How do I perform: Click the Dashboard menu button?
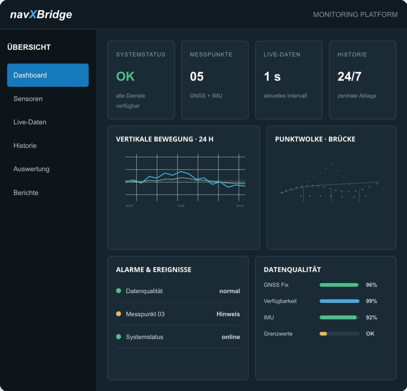[48, 75]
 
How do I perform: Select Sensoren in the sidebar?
[28, 99]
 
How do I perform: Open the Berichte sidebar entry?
[26, 193]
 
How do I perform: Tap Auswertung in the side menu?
[31, 169]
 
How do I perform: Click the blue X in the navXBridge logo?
[33, 14]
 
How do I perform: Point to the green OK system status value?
[125, 76]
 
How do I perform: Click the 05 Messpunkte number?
[197, 77]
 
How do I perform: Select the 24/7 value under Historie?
[349, 77]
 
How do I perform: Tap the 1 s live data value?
[272, 77]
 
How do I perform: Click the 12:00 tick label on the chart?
[181, 206]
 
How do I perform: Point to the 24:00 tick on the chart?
[240, 206]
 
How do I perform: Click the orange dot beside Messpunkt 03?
[118, 314]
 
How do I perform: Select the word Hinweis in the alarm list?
[228, 314]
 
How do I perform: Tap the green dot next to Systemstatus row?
[118, 337]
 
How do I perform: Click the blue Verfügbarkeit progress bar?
[339, 301]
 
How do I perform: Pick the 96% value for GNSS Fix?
[372, 285]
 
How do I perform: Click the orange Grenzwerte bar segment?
[323, 334]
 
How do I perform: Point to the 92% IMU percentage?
[372, 317]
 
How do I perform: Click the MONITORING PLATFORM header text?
[355, 15]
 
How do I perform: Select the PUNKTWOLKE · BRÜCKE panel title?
[315, 139]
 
